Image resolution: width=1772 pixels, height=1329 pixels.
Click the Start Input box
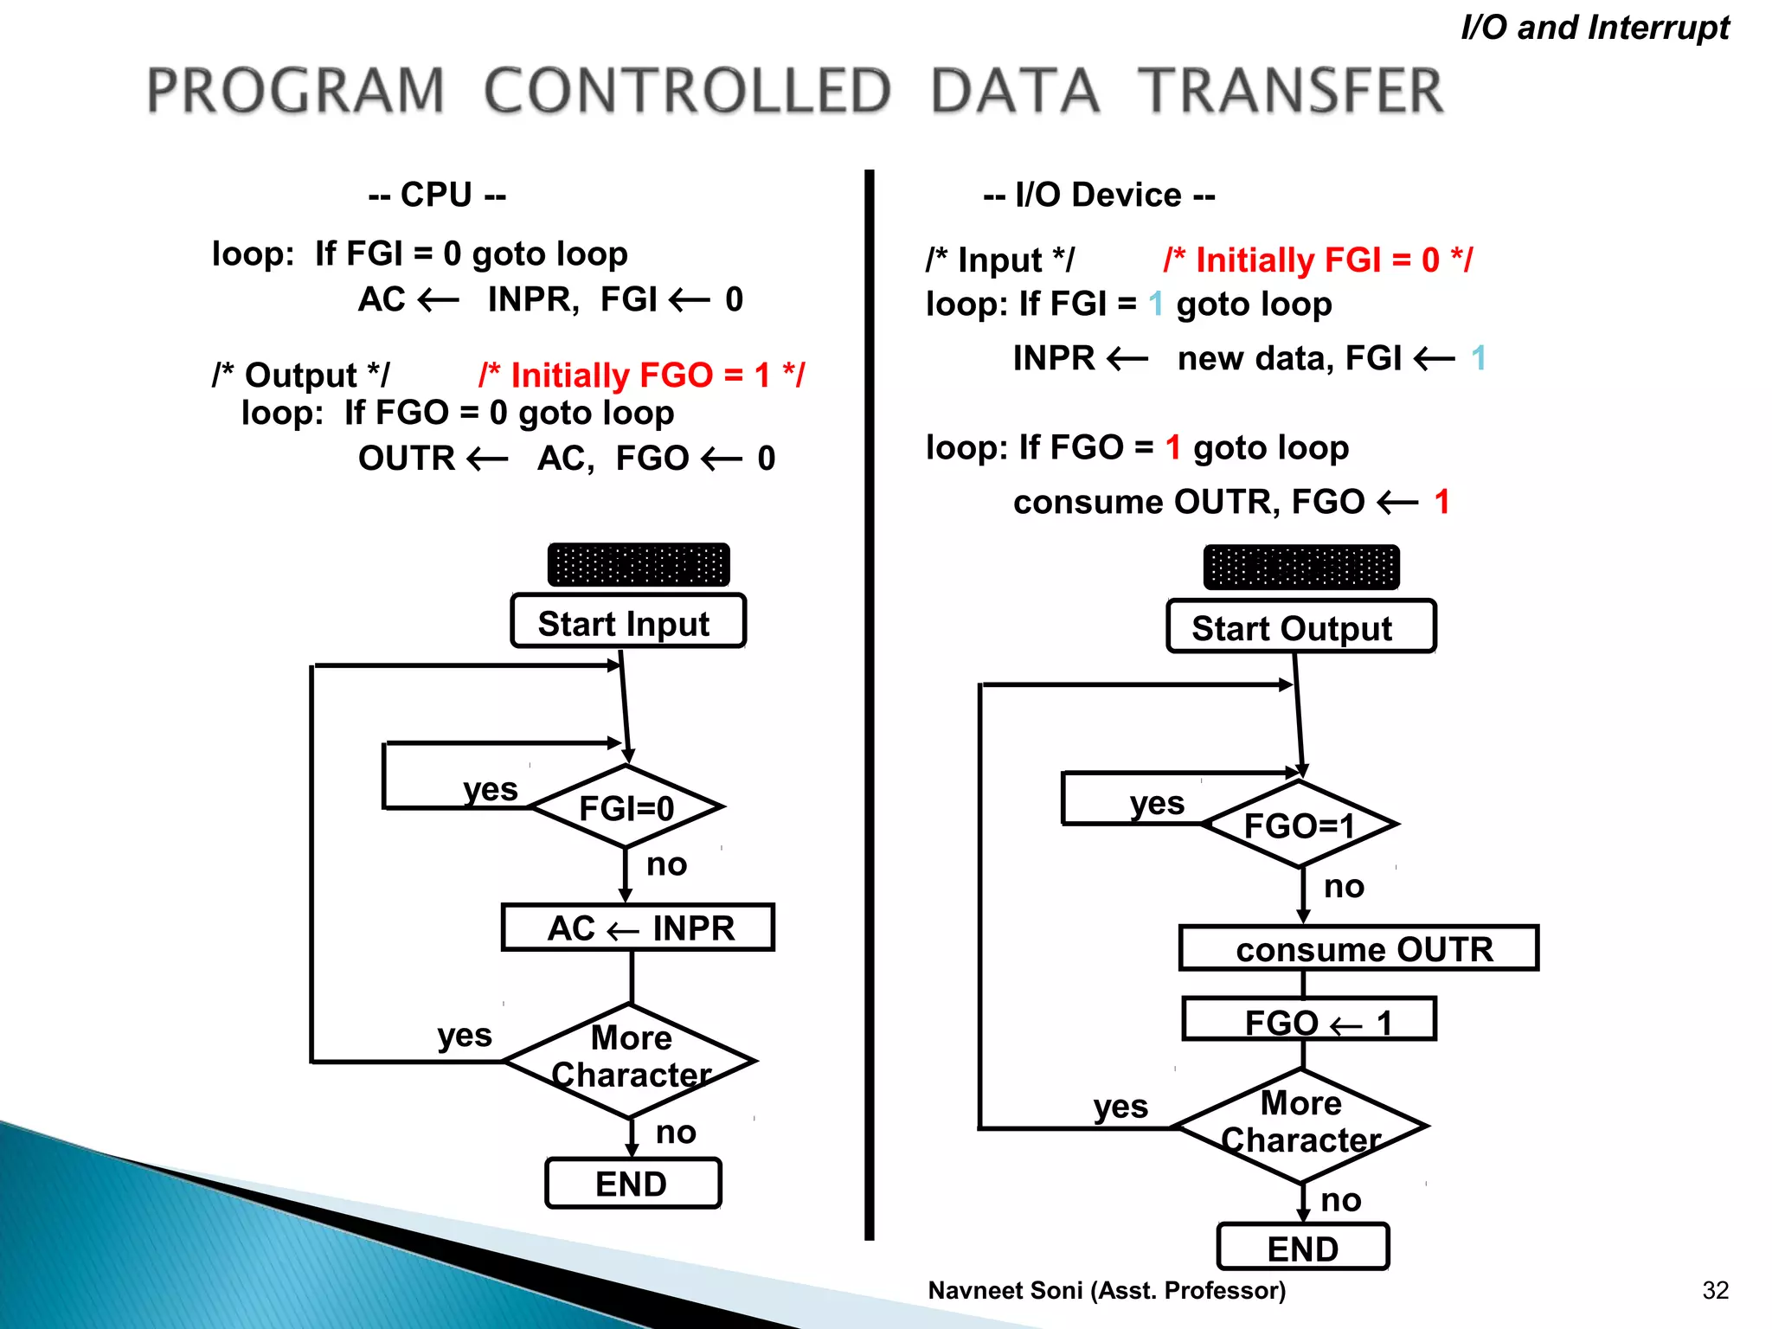tap(628, 621)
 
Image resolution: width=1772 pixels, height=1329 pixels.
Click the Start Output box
tap(1300, 626)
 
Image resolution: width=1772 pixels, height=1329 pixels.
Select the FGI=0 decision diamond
tap(626, 807)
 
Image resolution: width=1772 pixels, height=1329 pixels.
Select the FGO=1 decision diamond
tap(1300, 825)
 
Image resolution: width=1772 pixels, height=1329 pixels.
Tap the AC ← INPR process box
tap(638, 928)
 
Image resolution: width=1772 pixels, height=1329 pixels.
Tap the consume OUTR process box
tap(1358, 948)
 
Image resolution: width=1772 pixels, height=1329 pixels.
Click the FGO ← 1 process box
tap(1309, 1020)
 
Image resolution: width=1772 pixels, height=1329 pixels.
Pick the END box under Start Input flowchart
tap(632, 1183)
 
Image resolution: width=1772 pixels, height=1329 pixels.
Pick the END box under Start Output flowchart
tap(1303, 1247)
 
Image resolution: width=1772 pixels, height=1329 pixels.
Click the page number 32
tap(1715, 1290)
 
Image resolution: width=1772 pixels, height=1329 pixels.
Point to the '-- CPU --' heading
tap(437, 195)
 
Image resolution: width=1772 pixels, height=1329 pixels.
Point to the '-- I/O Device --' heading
tap(1099, 196)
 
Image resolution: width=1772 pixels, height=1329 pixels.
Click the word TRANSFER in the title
tap(1290, 91)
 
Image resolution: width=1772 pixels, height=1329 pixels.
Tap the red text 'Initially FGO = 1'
tap(641, 376)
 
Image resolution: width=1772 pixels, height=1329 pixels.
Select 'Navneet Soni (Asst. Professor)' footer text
tap(1107, 1290)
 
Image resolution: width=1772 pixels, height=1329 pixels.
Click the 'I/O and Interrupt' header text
tap(1595, 28)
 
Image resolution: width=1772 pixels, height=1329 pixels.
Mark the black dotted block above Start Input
tap(639, 565)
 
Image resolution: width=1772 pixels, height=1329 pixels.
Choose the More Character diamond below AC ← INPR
tap(631, 1059)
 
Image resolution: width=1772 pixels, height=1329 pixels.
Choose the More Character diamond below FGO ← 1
tap(1300, 1125)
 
